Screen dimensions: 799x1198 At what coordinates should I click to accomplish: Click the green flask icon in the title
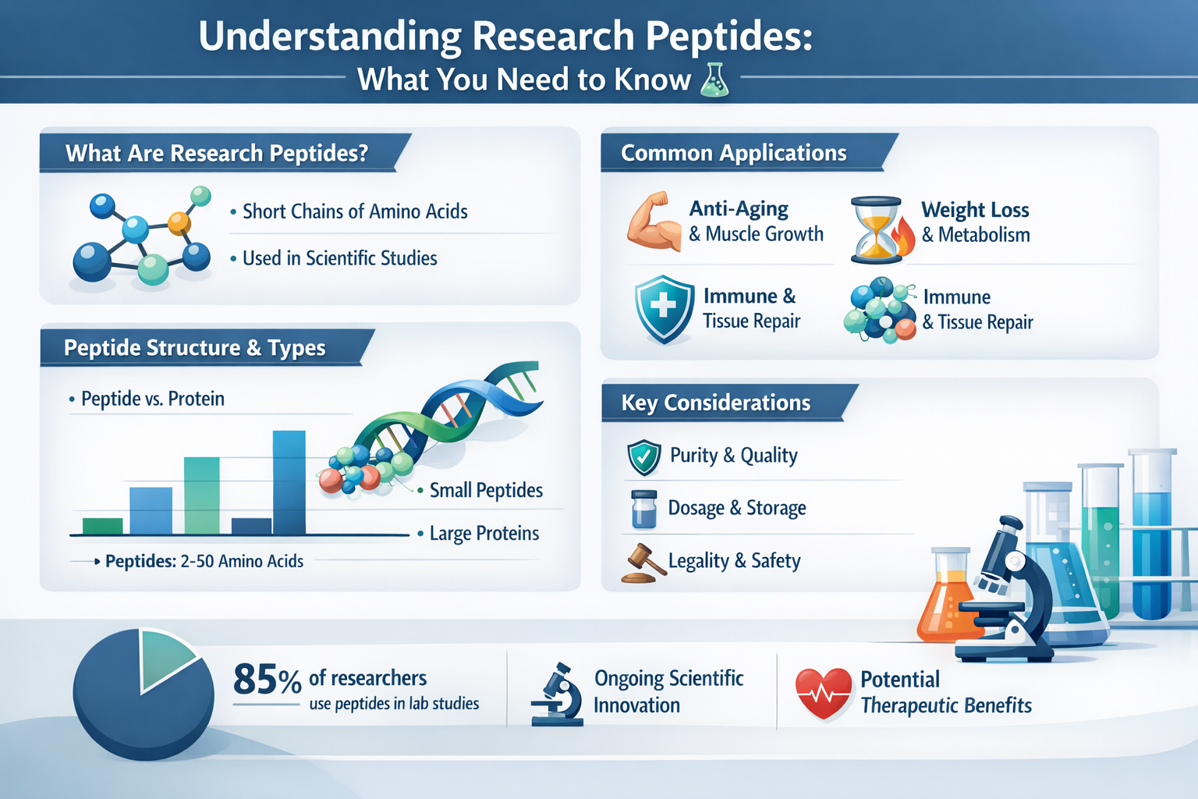pos(714,81)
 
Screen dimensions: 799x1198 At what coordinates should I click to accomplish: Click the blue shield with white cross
pos(663,308)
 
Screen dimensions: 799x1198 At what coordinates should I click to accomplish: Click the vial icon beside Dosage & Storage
pos(643,510)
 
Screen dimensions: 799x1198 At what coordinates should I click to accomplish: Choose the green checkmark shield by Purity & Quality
pos(644,457)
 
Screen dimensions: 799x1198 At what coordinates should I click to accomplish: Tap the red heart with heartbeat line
pos(823,693)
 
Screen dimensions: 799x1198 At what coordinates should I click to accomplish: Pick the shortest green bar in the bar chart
pos(102,526)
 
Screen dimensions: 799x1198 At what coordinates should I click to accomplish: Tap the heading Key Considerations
pos(715,403)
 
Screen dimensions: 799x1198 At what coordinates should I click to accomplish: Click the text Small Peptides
pos(485,491)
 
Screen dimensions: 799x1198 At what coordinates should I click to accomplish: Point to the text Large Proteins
pos(484,534)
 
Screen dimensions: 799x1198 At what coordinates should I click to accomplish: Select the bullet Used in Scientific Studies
pos(339,258)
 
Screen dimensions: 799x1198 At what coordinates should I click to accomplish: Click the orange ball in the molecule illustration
pos(179,223)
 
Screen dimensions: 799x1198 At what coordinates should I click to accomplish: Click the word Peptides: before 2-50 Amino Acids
pos(140,561)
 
